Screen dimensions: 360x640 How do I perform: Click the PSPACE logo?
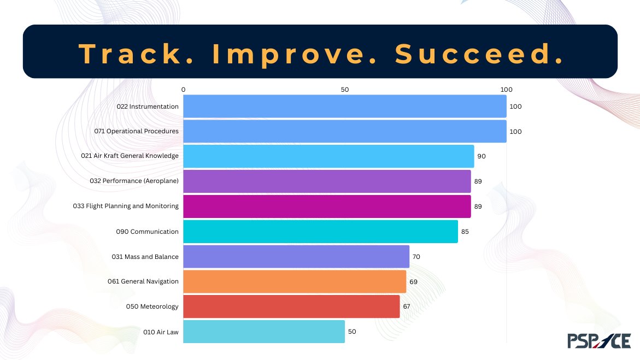[x=598, y=340]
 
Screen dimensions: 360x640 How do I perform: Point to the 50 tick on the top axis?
[x=344, y=90]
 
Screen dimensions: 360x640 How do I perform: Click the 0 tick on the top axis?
[x=184, y=90]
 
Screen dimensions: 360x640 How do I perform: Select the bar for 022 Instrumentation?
[x=344, y=107]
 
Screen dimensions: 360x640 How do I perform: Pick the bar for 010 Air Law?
[x=264, y=332]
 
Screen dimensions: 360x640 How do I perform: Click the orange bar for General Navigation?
[x=295, y=281]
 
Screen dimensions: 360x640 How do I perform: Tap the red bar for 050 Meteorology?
[x=291, y=306]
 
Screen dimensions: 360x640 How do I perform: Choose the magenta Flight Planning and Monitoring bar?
[x=327, y=206]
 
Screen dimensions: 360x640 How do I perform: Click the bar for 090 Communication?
[x=320, y=232]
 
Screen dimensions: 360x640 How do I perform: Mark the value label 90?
[x=482, y=156]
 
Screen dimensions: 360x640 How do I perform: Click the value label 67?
[x=407, y=306]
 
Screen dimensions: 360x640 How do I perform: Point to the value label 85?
[x=465, y=232]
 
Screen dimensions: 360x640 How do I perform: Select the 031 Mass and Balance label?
[x=145, y=257]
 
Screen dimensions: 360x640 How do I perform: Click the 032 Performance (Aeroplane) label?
[x=134, y=181]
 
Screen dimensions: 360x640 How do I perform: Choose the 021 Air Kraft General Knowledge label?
[x=130, y=156]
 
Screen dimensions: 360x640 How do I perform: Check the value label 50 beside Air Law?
[x=352, y=332]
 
